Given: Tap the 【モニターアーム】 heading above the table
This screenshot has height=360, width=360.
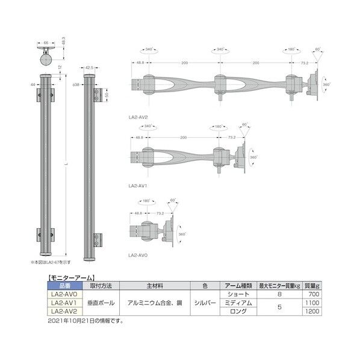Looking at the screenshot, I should (x=67, y=278).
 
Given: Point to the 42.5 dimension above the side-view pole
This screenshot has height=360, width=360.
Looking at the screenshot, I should (x=90, y=68).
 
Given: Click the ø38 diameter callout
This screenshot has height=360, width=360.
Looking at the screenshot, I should (x=76, y=85).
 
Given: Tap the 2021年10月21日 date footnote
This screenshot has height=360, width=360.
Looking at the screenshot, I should (x=84, y=320).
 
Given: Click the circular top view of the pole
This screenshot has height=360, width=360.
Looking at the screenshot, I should (x=46, y=60).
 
